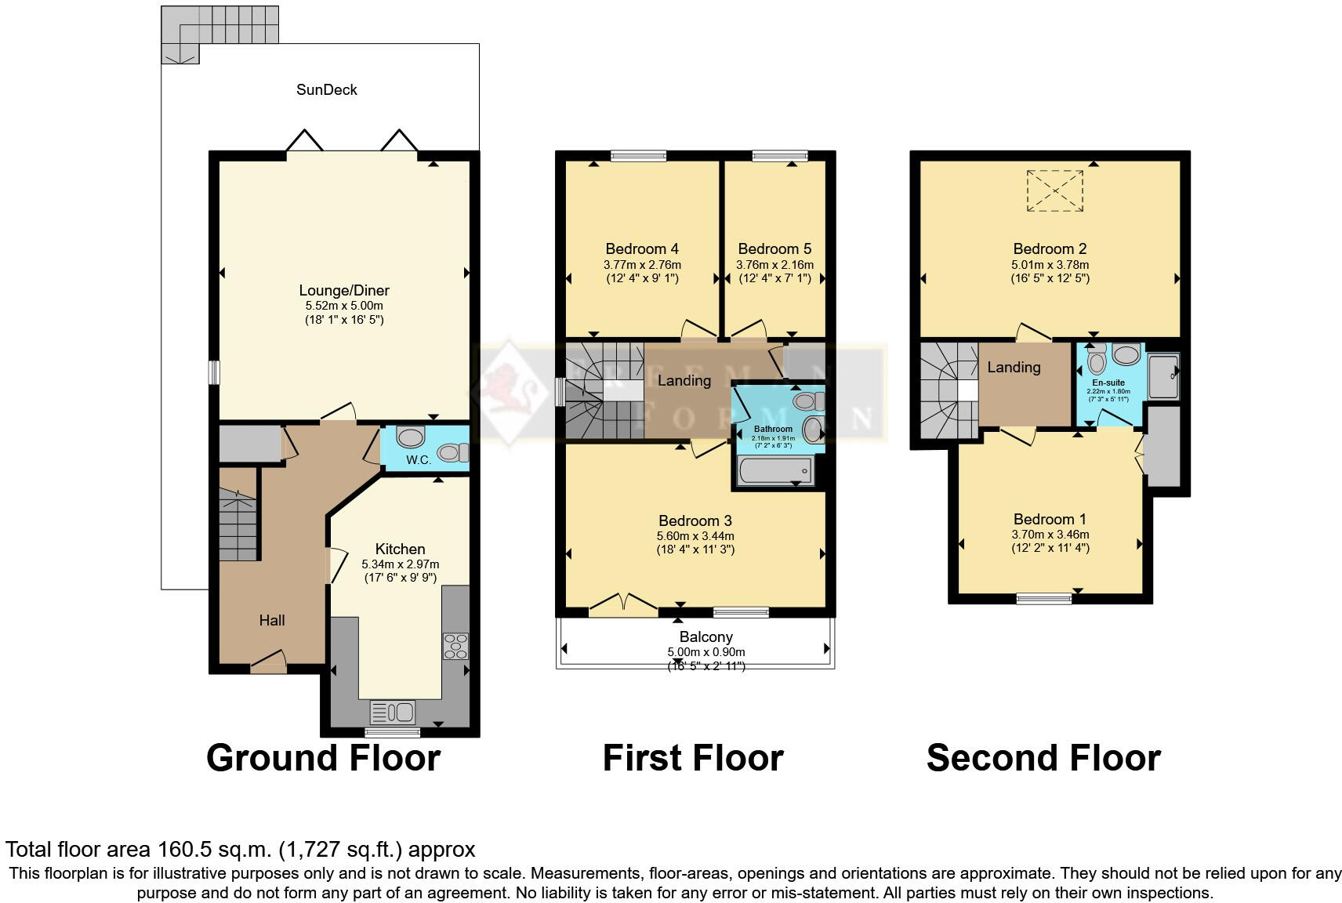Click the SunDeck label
point(326,89)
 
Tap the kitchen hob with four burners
point(455,646)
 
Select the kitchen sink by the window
point(393,712)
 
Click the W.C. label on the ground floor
point(419,459)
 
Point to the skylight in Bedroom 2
point(1054,190)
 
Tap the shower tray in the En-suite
point(1163,376)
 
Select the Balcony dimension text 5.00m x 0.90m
point(705,652)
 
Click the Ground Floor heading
point(323,758)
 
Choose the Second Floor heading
point(1043,758)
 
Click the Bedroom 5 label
point(774,249)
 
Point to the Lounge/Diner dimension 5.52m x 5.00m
point(344,306)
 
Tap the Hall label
point(272,620)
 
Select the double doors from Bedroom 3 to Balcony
point(623,606)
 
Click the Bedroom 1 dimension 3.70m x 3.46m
point(1050,535)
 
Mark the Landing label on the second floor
point(1014,367)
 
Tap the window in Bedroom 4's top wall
point(638,156)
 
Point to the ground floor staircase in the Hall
point(238,525)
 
